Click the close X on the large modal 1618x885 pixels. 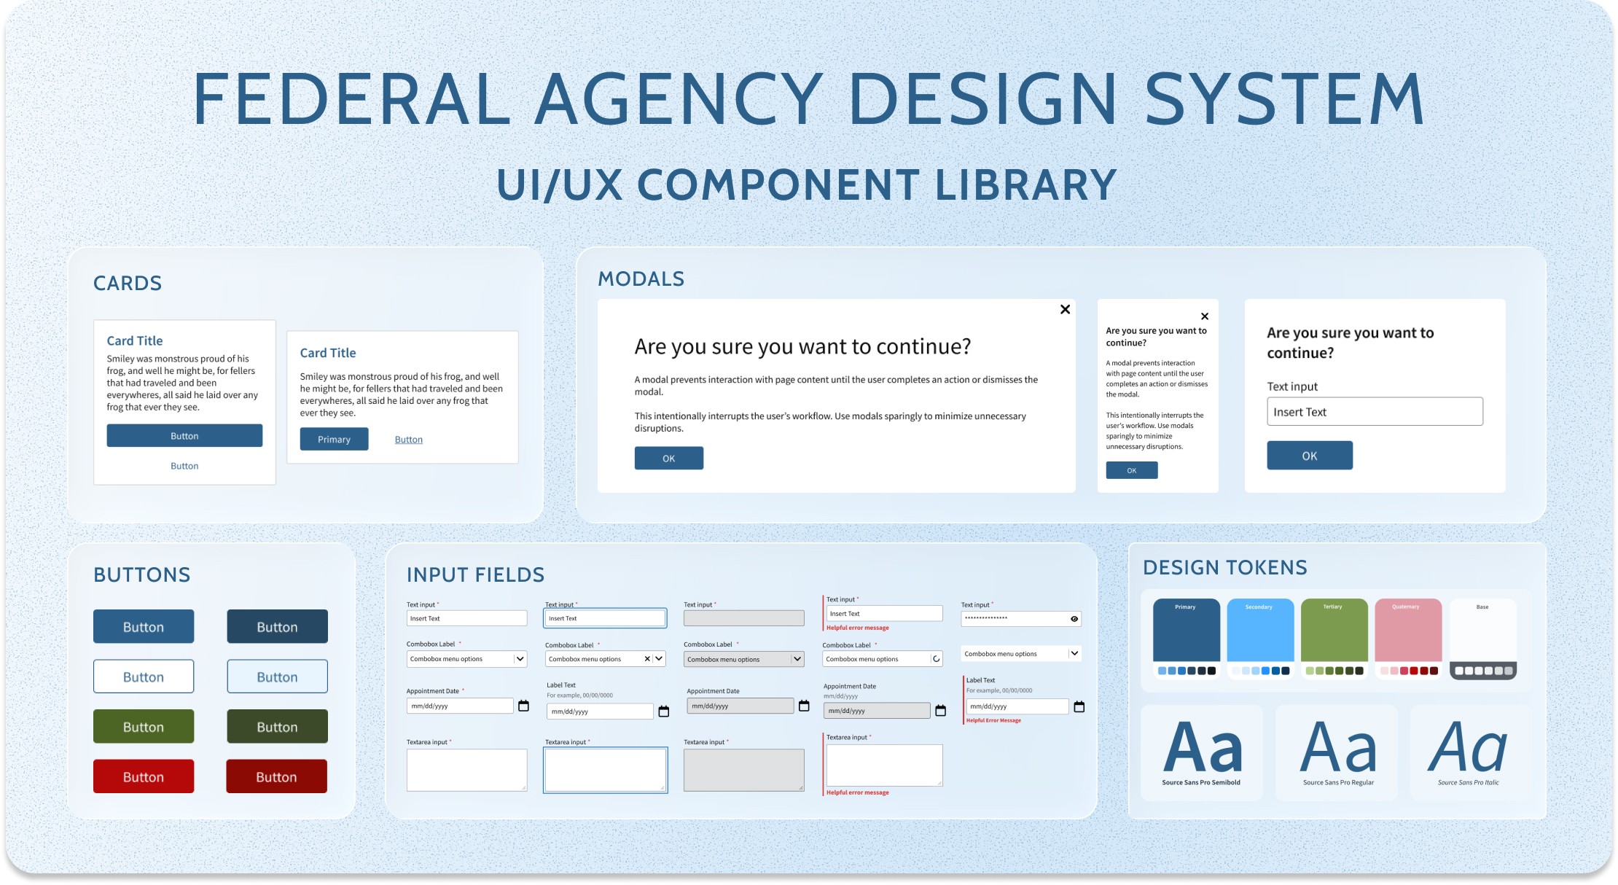click(1065, 309)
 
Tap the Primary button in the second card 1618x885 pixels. click(334, 439)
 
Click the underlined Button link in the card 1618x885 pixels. click(408, 440)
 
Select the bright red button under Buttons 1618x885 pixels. click(144, 776)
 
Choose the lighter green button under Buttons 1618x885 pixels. click(144, 726)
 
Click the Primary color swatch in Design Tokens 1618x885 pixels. click(1186, 631)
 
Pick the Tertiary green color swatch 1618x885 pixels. click(1334, 631)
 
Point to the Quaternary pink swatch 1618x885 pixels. click(1408, 631)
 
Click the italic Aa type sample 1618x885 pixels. click(1468, 748)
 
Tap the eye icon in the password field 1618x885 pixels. click(1074, 619)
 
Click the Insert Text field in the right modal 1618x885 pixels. click(1374, 412)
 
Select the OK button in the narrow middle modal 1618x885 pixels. click(1131, 470)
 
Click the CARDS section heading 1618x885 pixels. click(128, 283)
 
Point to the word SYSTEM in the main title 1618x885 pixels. click(1284, 99)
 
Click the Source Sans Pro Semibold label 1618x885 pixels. click(1200, 783)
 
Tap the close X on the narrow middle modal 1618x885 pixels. click(1204, 316)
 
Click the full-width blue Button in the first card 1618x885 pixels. click(184, 436)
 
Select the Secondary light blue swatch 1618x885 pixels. click(1260, 631)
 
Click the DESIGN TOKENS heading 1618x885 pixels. click(1224, 567)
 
